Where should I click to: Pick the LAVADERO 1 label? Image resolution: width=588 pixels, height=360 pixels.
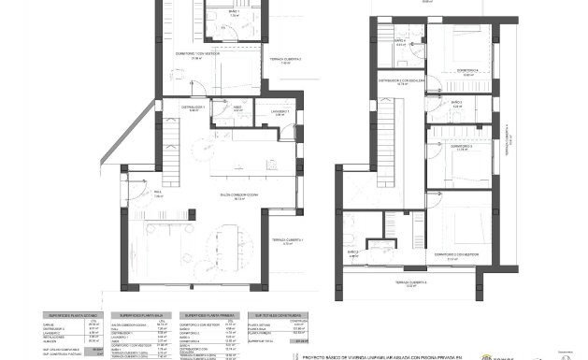(x=281, y=112)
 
